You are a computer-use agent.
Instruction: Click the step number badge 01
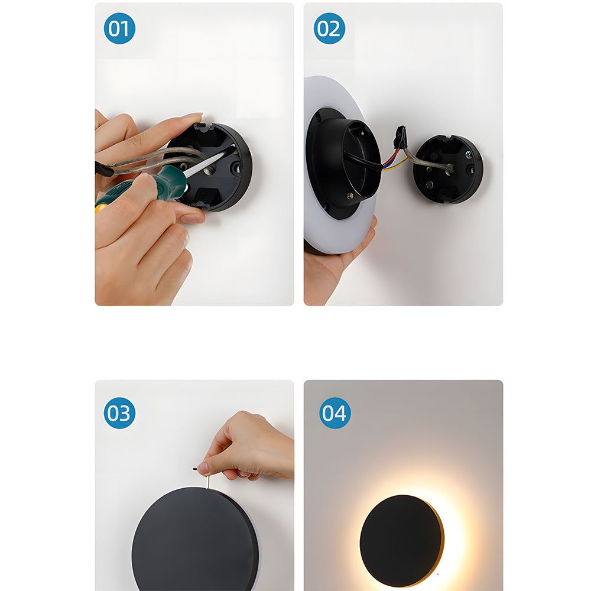click(119, 28)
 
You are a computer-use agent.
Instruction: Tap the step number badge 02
click(329, 28)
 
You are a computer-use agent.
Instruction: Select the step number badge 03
click(119, 413)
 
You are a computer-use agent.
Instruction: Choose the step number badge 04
click(335, 413)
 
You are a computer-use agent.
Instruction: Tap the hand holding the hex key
click(248, 446)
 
